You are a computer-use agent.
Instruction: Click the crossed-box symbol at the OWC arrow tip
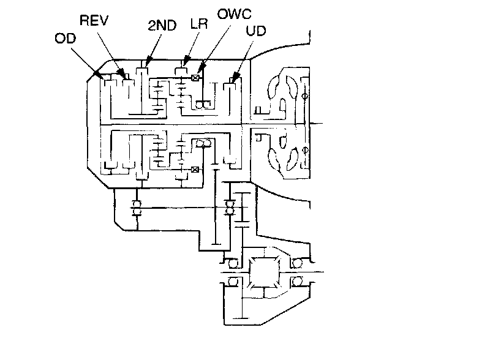tap(196, 78)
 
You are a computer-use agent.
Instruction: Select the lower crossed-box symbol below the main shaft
tap(195, 170)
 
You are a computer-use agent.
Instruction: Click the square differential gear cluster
tap(265, 272)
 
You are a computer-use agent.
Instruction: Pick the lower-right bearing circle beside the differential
tap(297, 282)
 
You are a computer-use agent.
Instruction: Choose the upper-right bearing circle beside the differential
tap(297, 263)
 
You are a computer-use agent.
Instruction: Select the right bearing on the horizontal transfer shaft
tap(230, 207)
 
